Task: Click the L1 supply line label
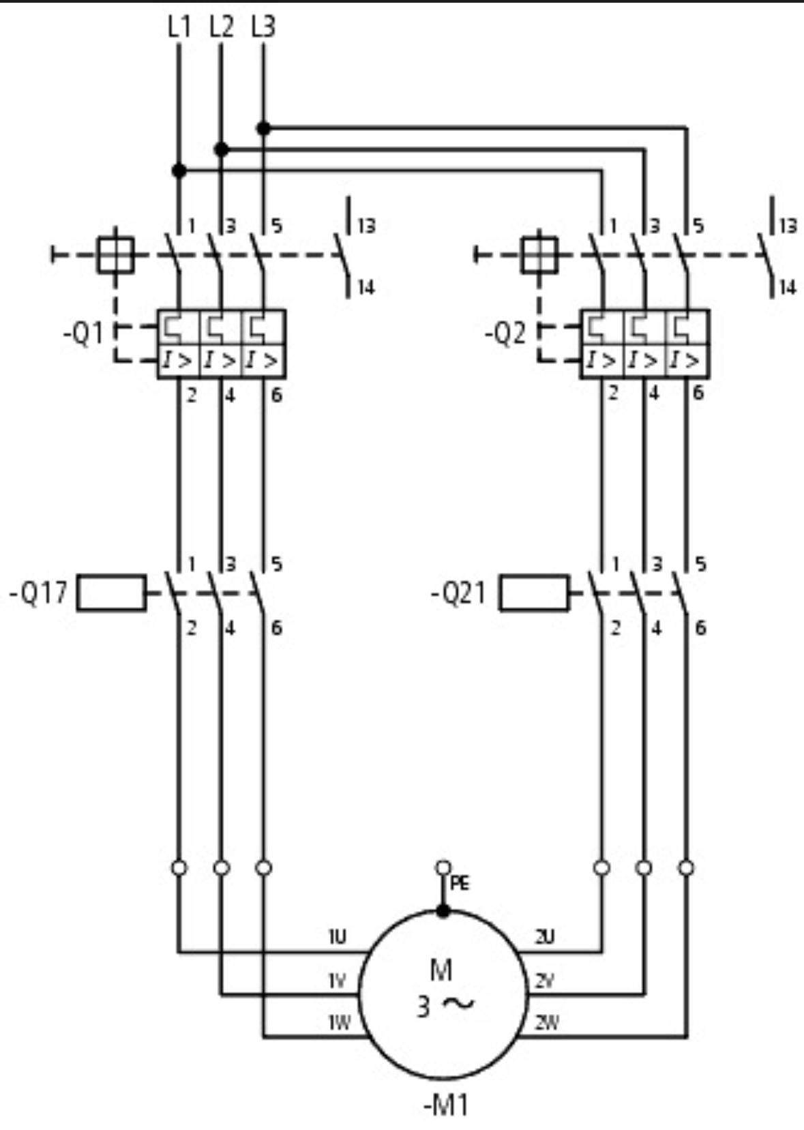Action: pyautogui.click(x=179, y=27)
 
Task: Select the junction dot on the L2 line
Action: pyautogui.click(x=221, y=149)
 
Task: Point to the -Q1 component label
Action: pyautogui.click(x=84, y=335)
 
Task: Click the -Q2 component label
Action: pyautogui.click(x=505, y=335)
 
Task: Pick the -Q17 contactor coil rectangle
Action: pyautogui.click(x=111, y=593)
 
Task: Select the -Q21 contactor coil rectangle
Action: pyautogui.click(x=533, y=593)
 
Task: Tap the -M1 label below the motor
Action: pyautogui.click(x=445, y=1105)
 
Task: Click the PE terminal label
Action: pyautogui.click(x=460, y=884)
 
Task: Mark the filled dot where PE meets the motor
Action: pyautogui.click(x=443, y=910)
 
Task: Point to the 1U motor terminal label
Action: pyautogui.click(x=337, y=937)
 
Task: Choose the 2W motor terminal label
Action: pyautogui.click(x=547, y=1022)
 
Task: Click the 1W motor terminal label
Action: pyautogui.click(x=339, y=1022)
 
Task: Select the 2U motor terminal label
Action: pyautogui.click(x=544, y=937)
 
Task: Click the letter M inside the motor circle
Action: pyautogui.click(x=441, y=969)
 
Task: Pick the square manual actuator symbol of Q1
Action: pyautogui.click(x=115, y=255)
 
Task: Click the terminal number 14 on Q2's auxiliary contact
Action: pyautogui.click(x=788, y=287)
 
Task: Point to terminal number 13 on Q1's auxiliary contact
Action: pyautogui.click(x=367, y=226)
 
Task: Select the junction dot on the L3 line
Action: pyautogui.click(x=263, y=128)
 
